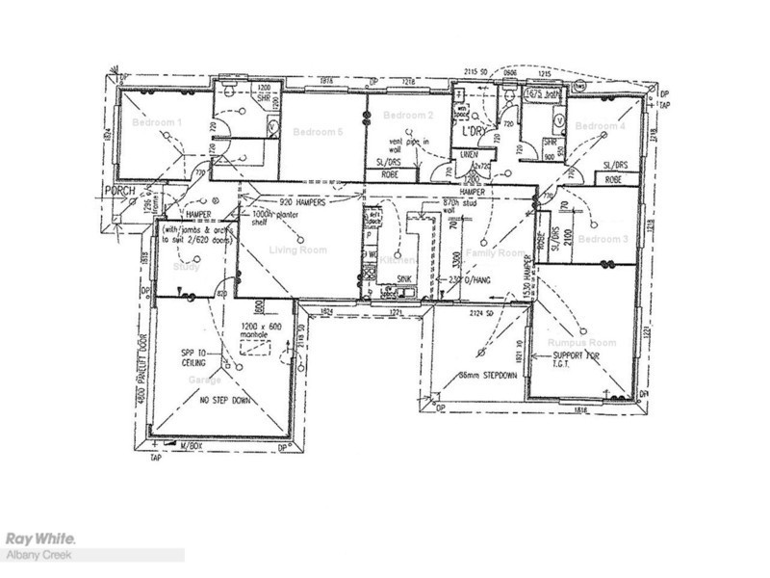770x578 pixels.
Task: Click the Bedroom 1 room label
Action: [x=156, y=123]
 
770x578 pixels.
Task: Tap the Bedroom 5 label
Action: [x=318, y=132]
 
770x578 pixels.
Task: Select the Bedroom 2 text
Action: [x=408, y=116]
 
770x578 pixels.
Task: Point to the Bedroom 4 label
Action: [x=600, y=127]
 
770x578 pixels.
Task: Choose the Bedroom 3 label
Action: [x=603, y=239]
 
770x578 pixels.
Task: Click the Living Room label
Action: [x=297, y=250]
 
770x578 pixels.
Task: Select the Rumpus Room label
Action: [x=581, y=343]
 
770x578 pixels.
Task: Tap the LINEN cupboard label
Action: [x=471, y=154]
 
